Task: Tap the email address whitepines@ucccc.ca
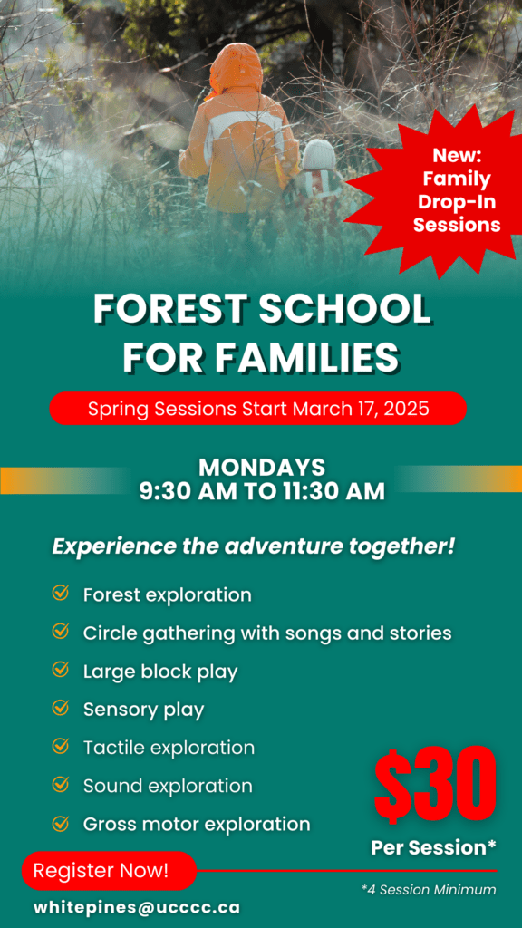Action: (x=137, y=906)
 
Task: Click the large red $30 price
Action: (x=435, y=785)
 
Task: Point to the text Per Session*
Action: (x=433, y=847)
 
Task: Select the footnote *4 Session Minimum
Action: (x=429, y=890)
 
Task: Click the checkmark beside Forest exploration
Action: (x=61, y=594)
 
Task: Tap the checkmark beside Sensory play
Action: (x=61, y=708)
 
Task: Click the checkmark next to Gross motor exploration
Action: (x=61, y=823)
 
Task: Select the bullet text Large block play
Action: (x=160, y=672)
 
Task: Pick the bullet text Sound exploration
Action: (x=168, y=786)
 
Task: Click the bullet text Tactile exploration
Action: (x=169, y=748)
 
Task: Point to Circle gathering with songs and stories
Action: (x=267, y=633)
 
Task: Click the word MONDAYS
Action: (x=261, y=468)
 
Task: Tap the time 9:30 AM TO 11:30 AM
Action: (x=261, y=491)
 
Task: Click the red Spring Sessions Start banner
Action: (x=258, y=408)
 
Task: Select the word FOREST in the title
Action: (x=169, y=311)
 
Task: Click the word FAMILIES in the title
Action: (x=307, y=357)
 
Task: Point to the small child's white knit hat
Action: (x=318, y=155)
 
